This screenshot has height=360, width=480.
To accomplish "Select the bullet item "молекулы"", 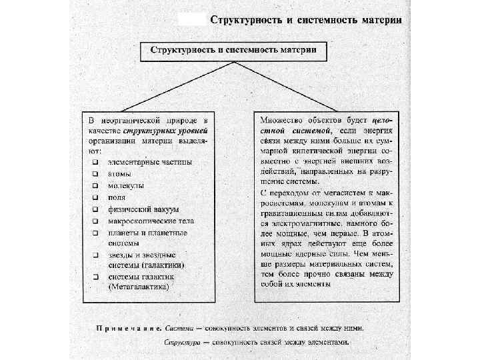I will point(126,186).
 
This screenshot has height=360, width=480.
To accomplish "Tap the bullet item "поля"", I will point(117,198).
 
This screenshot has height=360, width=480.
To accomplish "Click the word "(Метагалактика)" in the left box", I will point(139,287).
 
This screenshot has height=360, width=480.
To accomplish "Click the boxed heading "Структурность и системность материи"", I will point(233,51).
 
